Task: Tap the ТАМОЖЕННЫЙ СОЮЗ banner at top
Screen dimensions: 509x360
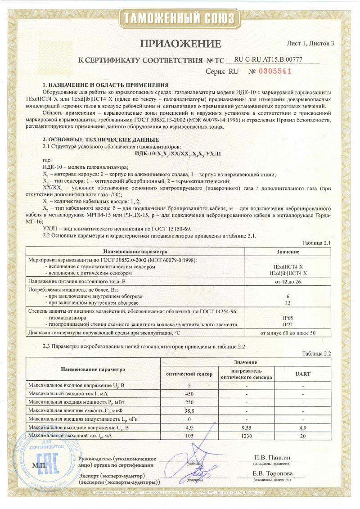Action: coord(180,18)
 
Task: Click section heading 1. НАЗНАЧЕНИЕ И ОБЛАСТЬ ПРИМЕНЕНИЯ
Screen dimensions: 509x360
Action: coord(105,85)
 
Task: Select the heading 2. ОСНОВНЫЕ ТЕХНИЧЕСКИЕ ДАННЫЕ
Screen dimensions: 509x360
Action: coord(100,140)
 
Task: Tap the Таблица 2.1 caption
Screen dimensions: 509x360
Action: coord(317,243)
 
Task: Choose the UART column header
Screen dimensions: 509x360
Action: coord(303,374)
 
